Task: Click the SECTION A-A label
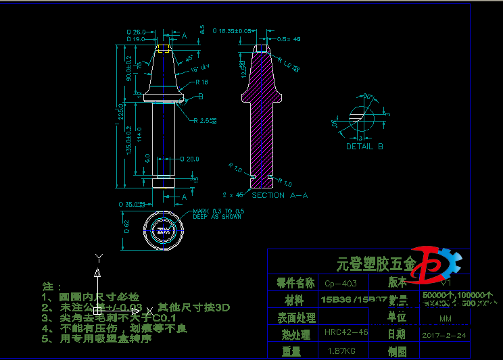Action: pos(279,195)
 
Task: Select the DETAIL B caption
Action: pos(364,146)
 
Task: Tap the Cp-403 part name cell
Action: pos(341,283)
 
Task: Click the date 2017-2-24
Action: pos(445,334)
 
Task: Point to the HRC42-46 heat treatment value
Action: pos(346,332)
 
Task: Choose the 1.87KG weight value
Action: pos(342,351)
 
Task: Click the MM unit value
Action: pos(445,318)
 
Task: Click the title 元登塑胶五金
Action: pos(370,263)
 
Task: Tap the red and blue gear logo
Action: pos(437,264)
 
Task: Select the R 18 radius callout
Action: pos(201,82)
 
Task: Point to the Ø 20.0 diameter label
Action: pos(190,159)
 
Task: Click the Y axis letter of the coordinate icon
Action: pos(99,257)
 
